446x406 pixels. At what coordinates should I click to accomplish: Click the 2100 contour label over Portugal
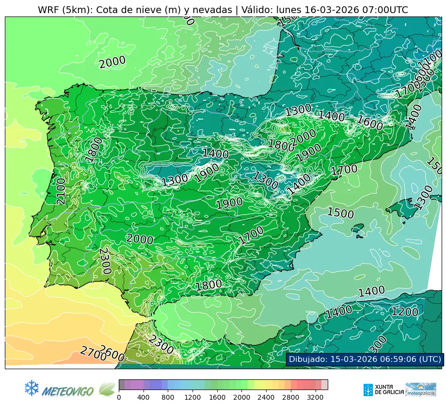point(61,191)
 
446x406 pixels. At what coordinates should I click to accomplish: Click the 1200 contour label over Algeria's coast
point(404,312)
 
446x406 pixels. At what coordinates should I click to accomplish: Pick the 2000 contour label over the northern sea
point(112,62)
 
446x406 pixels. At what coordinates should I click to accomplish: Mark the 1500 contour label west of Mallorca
point(340,213)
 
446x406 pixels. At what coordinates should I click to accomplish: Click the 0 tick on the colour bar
point(119,397)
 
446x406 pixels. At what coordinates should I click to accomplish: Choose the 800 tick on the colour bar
point(168,397)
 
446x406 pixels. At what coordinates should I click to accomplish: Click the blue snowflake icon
point(32,388)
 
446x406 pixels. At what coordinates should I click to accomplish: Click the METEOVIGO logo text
point(68,390)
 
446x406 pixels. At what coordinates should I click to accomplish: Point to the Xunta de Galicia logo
point(383,390)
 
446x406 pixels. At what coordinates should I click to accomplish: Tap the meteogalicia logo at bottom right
point(421,390)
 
